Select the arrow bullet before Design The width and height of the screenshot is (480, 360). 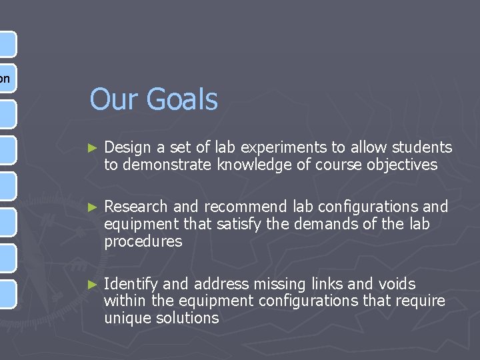coord(93,147)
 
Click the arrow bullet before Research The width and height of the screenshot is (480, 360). coord(93,207)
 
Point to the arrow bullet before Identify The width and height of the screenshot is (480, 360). coord(93,284)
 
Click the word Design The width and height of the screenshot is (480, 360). coord(127,147)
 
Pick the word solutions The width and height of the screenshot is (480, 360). coord(189,318)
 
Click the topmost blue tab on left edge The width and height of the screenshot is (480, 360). coord(7,43)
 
